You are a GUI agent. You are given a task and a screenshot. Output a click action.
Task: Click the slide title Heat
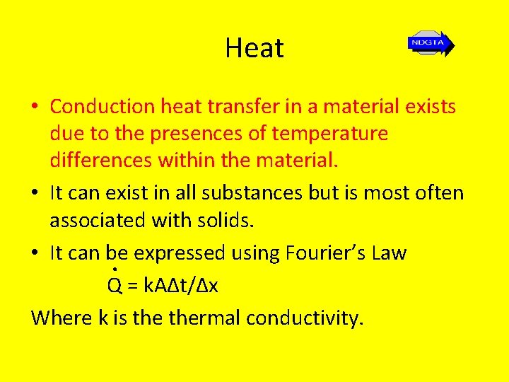(x=255, y=48)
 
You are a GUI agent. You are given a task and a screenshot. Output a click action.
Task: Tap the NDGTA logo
(x=430, y=44)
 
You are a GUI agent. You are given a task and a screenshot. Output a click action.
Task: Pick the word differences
(x=100, y=161)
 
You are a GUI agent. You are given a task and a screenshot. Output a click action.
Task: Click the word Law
(x=387, y=253)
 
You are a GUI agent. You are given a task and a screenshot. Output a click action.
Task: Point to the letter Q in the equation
(x=115, y=286)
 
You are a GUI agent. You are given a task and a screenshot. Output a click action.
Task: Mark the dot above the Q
(x=115, y=270)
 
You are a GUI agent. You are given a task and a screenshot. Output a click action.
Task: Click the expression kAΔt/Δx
(x=181, y=286)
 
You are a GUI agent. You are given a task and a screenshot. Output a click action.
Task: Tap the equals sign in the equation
(x=132, y=286)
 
